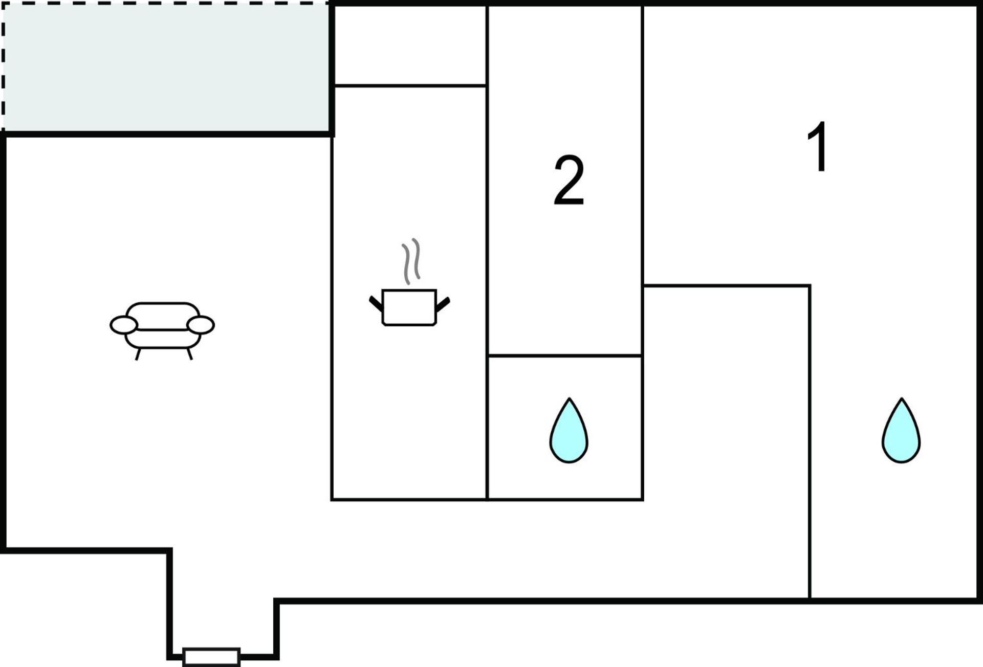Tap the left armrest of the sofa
click(x=124, y=325)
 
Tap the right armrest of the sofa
click(x=201, y=325)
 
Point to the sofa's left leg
click(x=138, y=354)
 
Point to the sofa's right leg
click(x=189, y=354)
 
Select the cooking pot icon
click(x=409, y=307)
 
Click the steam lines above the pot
click(x=411, y=261)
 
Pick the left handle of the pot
click(x=376, y=303)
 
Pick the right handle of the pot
click(x=443, y=303)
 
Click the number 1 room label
click(x=818, y=147)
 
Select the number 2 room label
click(x=569, y=180)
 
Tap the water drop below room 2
click(x=569, y=431)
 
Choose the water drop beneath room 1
click(x=901, y=431)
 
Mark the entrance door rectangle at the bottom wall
click(x=211, y=657)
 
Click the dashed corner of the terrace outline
click(x=3, y=4)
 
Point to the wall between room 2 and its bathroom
click(x=565, y=355)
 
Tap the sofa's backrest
click(x=163, y=316)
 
